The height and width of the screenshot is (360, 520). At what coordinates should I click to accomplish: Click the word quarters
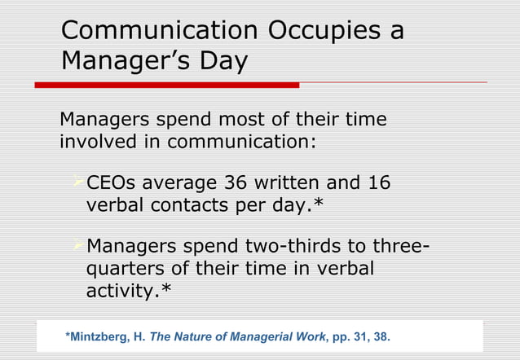tap(121, 268)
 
